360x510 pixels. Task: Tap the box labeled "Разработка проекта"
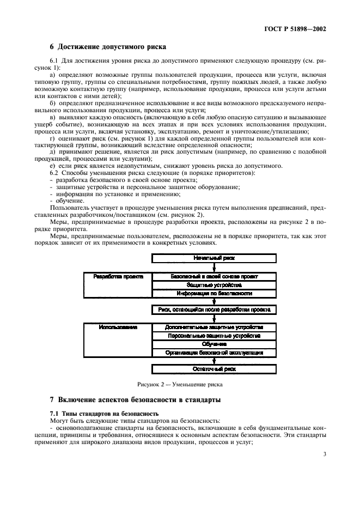pos(118,277)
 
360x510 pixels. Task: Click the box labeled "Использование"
pos(118,327)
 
